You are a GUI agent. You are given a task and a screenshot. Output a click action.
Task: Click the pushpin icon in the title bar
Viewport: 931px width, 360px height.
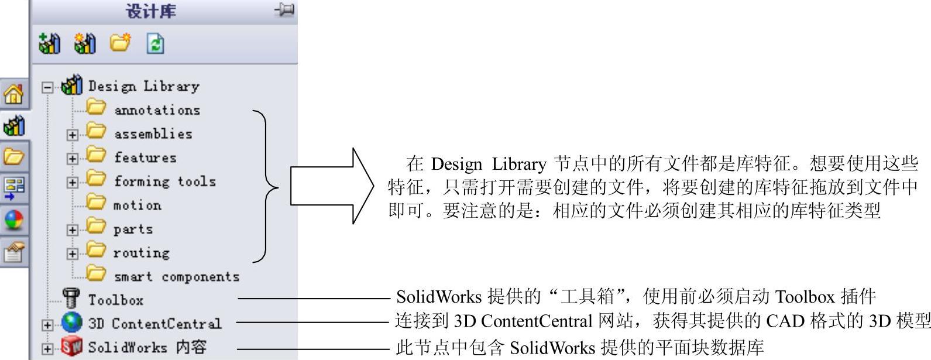285,10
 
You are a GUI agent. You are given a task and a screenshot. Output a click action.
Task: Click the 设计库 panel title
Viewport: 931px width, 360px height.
150,11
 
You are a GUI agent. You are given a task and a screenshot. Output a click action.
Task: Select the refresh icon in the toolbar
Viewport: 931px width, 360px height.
155,44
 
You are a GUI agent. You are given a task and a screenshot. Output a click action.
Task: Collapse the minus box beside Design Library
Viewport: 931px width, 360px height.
47,87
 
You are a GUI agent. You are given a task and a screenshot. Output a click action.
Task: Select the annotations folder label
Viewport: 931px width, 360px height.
157,110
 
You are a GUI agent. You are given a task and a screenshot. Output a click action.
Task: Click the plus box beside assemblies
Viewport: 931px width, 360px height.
72,135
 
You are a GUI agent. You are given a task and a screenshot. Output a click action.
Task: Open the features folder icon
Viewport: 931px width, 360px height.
96,156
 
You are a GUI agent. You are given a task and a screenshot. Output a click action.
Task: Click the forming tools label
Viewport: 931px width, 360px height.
164,181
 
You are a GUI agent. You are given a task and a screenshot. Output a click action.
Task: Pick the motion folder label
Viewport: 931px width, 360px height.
137,205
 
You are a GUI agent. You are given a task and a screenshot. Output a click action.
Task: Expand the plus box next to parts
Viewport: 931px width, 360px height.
72,230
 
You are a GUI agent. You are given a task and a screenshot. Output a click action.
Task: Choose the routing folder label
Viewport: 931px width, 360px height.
141,253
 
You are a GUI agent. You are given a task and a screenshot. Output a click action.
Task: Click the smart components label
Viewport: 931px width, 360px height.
176,276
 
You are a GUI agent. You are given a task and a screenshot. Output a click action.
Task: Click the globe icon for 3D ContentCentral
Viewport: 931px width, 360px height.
72,323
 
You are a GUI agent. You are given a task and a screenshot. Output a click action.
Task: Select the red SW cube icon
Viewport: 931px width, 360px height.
72,347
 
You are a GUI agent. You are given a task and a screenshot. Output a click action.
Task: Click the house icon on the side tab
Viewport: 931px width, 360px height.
14,94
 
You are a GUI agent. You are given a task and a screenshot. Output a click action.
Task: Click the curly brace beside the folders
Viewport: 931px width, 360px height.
266,186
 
